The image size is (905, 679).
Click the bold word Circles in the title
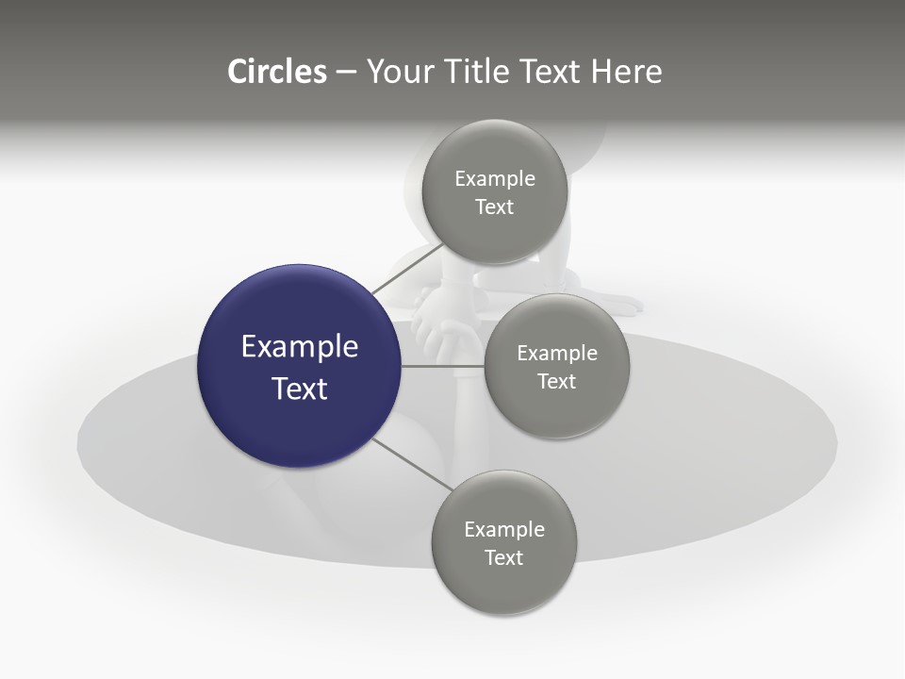pos(277,72)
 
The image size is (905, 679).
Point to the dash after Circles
pos(346,74)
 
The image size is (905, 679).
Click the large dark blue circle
pos(299,366)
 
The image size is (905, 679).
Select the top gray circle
pos(495,192)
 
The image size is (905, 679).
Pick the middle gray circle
pos(557,366)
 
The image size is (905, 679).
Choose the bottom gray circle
pos(503,543)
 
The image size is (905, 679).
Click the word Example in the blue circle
pos(300,348)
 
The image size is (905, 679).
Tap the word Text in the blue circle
pos(300,389)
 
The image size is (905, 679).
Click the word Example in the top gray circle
pos(495,179)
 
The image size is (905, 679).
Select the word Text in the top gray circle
pos(495,207)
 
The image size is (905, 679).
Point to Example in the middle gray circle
pos(557,354)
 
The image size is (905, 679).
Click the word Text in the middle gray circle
pos(557,381)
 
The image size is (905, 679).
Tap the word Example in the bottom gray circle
pos(504,530)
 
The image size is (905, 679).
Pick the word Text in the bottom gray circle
pos(503,557)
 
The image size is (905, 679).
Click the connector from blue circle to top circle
pos(408,269)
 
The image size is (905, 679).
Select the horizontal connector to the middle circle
pos(443,366)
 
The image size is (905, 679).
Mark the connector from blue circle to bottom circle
pos(413,465)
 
